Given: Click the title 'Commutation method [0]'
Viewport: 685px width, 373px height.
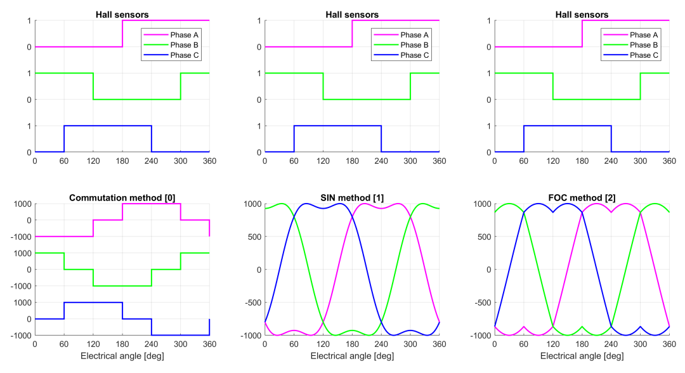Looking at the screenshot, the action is tap(122, 198).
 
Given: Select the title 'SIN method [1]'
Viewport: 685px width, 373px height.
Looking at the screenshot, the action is tap(352, 198).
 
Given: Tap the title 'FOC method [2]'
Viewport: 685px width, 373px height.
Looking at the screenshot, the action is tap(582, 198).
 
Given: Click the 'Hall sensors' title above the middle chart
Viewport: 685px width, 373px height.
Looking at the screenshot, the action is tap(352, 15).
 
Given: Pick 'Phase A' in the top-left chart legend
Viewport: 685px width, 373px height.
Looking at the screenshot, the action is tap(185, 35).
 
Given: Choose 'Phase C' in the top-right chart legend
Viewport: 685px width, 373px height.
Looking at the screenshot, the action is tap(644, 55).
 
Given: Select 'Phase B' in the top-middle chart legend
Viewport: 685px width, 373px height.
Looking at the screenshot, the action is tap(415, 45).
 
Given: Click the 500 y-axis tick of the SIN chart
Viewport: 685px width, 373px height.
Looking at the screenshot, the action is tap(255, 237).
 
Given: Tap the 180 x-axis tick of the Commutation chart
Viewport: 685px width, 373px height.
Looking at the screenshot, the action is tap(122, 344).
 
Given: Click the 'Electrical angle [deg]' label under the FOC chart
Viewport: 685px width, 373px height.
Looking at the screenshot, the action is tap(582, 356).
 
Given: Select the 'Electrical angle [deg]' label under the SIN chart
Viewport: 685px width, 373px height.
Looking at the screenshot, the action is tap(352, 356).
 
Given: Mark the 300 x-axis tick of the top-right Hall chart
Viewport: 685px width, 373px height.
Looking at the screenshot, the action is tap(640, 160).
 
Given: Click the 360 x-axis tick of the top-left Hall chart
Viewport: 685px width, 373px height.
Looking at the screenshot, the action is tap(210, 160).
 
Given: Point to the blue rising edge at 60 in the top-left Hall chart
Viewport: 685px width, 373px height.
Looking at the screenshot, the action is tap(64, 139).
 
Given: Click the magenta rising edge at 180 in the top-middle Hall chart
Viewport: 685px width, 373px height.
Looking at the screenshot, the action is tap(352, 34).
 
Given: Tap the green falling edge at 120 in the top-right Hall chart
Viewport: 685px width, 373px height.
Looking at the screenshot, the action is tap(553, 86).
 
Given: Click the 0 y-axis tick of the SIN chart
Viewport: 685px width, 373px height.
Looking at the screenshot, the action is tap(259, 270).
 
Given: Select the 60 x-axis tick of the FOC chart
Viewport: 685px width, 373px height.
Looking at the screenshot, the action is tap(523, 344).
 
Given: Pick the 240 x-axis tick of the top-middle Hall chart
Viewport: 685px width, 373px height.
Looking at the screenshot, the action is tap(381, 160).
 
